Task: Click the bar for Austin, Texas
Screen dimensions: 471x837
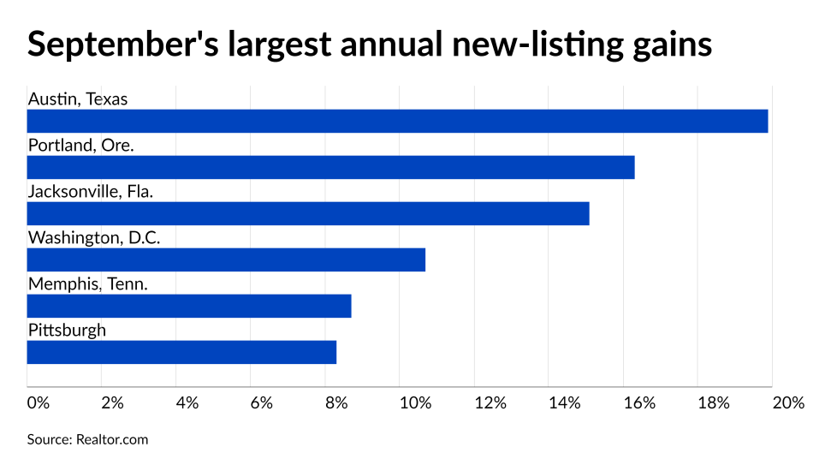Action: click(397, 121)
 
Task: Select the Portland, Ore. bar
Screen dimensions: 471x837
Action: click(330, 167)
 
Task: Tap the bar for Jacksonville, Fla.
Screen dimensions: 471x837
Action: click(308, 213)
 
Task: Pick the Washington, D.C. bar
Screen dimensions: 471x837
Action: click(226, 259)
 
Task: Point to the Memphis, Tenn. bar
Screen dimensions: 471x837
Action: click(189, 306)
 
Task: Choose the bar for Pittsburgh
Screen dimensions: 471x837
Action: click(181, 352)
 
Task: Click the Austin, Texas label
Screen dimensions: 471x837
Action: click(77, 99)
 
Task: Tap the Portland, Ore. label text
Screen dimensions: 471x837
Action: click(80, 146)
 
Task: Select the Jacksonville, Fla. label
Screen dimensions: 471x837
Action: click(90, 192)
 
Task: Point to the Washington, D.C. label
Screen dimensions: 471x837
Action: click(94, 238)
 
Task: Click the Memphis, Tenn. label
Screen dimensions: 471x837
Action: click(87, 284)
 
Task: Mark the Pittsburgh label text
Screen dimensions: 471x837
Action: click(67, 331)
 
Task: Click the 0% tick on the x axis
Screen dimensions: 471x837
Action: click(38, 402)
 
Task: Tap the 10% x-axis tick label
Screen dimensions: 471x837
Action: click(414, 402)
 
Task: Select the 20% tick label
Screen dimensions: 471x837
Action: click(787, 402)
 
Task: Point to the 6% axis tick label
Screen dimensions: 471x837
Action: click(261, 402)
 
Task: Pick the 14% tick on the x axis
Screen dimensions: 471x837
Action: click(564, 402)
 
